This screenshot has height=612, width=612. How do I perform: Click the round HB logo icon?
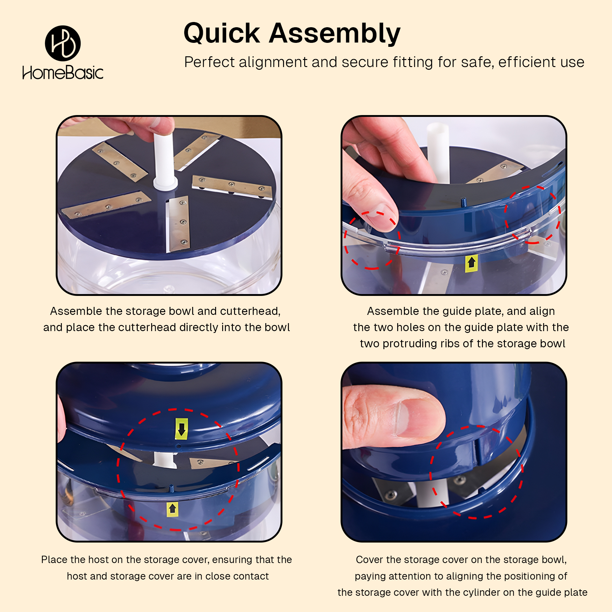coord(63,43)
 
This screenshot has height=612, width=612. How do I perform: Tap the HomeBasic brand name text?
coord(63,73)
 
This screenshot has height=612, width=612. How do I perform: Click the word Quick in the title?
coord(222,34)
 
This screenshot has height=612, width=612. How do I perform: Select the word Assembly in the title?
coord(335,34)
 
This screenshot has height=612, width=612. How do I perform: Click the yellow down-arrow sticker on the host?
coord(181,429)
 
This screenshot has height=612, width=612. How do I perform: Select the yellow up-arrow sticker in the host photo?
coord(172,509)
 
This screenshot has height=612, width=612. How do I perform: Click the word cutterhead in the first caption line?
coord(250,311)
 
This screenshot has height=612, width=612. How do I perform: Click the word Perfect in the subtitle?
coord(209,62)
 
